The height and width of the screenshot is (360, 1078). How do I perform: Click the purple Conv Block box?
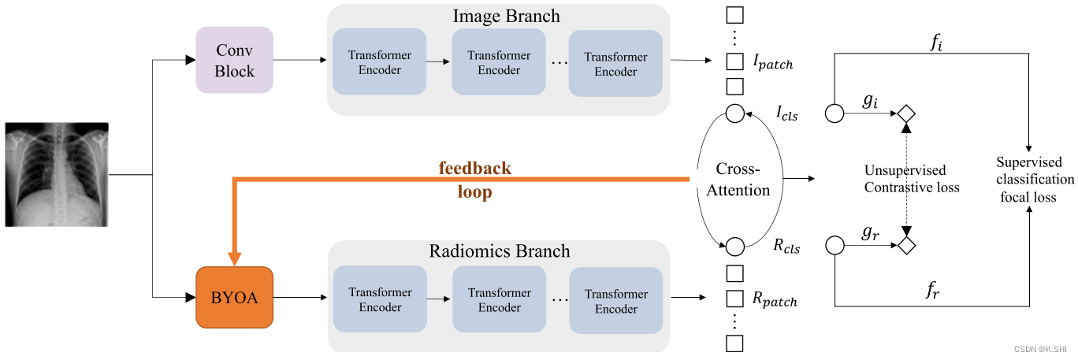click(234, 60)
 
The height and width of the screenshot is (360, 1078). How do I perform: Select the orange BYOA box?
click(234, 298)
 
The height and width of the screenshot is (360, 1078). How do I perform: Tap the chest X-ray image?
click(57, 174)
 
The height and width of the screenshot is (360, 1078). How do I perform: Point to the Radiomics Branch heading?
click(499, 251)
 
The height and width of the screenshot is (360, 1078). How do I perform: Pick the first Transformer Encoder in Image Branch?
click(380, 63)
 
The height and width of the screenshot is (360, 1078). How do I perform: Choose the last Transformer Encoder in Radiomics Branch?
click(615, 301)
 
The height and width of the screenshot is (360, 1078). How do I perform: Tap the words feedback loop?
click(474, 180)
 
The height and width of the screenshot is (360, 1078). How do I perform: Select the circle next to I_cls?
click(734, 114)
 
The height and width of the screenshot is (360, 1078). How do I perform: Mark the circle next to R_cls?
click(734, 247)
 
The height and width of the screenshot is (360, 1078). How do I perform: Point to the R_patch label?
click(774, 299)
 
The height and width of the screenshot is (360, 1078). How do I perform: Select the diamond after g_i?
click(905, 114)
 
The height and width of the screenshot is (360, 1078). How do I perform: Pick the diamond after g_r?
click(905, 246)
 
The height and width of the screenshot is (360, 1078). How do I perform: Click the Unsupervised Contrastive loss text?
click(911, 179)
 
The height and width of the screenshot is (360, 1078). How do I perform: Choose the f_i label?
click(935, 43)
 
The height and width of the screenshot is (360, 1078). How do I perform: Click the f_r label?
click(933, 290)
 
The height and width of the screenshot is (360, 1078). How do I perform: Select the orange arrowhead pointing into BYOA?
click(234, 258)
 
